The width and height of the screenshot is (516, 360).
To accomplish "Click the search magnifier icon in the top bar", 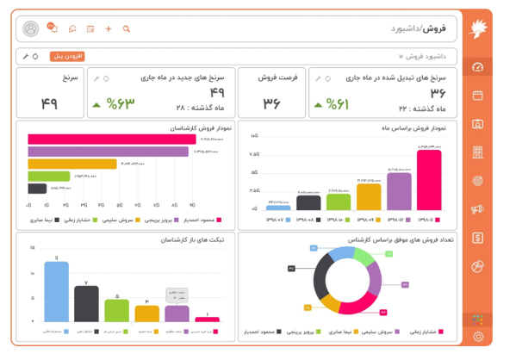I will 127,28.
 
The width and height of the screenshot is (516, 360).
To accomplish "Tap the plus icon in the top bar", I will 109,28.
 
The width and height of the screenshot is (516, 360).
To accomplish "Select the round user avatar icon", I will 31,28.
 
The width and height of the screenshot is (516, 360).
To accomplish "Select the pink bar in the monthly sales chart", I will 428,180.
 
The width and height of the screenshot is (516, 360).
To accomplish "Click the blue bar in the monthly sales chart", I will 278,208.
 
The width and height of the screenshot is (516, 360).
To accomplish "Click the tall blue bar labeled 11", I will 57,291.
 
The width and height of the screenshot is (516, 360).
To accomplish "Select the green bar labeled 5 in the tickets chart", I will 116,310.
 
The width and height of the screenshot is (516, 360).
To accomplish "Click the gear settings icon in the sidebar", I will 478,337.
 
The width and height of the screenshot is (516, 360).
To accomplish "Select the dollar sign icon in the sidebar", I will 478,238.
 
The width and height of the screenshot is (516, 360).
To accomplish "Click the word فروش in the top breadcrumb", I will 435,28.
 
